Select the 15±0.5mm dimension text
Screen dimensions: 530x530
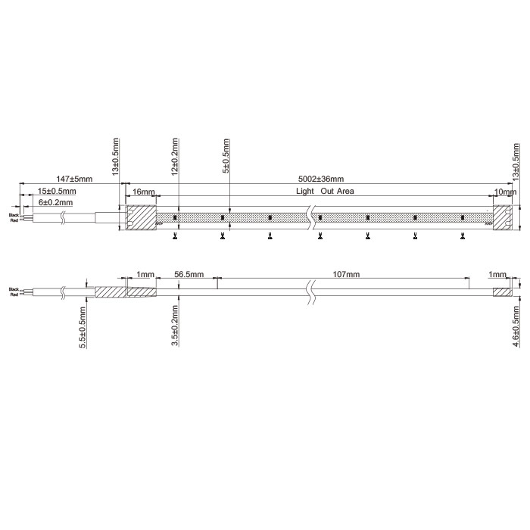pos(54,191)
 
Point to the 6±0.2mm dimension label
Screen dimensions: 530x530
pos(55,202)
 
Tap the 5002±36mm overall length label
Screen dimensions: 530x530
pos(320,179)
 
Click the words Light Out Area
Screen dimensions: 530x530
pos(326,192)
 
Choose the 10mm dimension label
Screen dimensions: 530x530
pos(504,192)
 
